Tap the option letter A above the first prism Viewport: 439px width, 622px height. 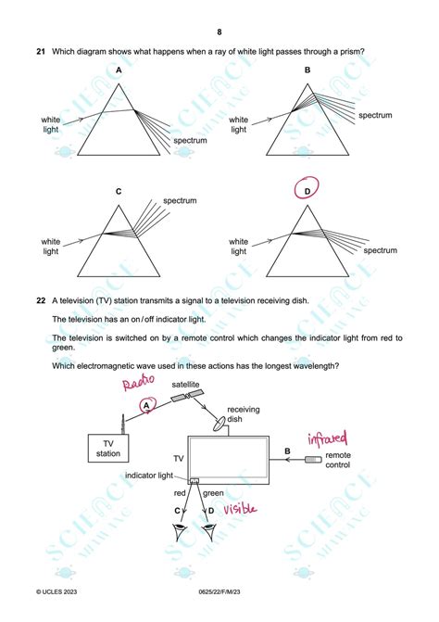tap(119, 70)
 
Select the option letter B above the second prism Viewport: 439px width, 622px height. tap(307, 70)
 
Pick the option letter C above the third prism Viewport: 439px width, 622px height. tap(119, 192)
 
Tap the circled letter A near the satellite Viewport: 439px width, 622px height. tap(144, 405)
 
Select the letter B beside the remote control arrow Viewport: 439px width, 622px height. tap(287, 451)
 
